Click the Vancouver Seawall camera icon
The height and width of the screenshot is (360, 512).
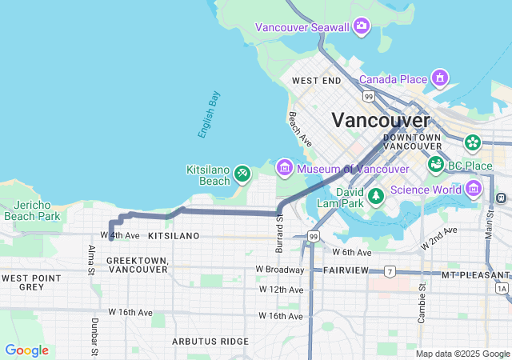(362, 26)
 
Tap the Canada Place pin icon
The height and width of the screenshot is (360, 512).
(439, 78)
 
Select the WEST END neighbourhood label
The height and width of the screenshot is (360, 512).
(316, 81)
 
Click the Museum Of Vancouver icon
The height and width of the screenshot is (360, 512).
(284, 168)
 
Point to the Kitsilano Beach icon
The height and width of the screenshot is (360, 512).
(242, 172)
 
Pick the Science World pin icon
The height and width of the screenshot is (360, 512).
(473, 189)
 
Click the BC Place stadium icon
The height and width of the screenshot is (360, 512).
(436, 165)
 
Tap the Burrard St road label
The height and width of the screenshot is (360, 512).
(279, 234)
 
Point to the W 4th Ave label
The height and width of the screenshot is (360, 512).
(121, 236)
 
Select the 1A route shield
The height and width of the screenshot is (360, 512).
(502, 287)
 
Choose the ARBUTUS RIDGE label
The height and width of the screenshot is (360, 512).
(210, 341)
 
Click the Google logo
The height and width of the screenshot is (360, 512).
(26, 350)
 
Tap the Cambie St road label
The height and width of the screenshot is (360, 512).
(422, 303)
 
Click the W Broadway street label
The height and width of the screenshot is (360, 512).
(280, 270)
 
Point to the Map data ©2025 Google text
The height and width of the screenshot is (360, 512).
(462, 354)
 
